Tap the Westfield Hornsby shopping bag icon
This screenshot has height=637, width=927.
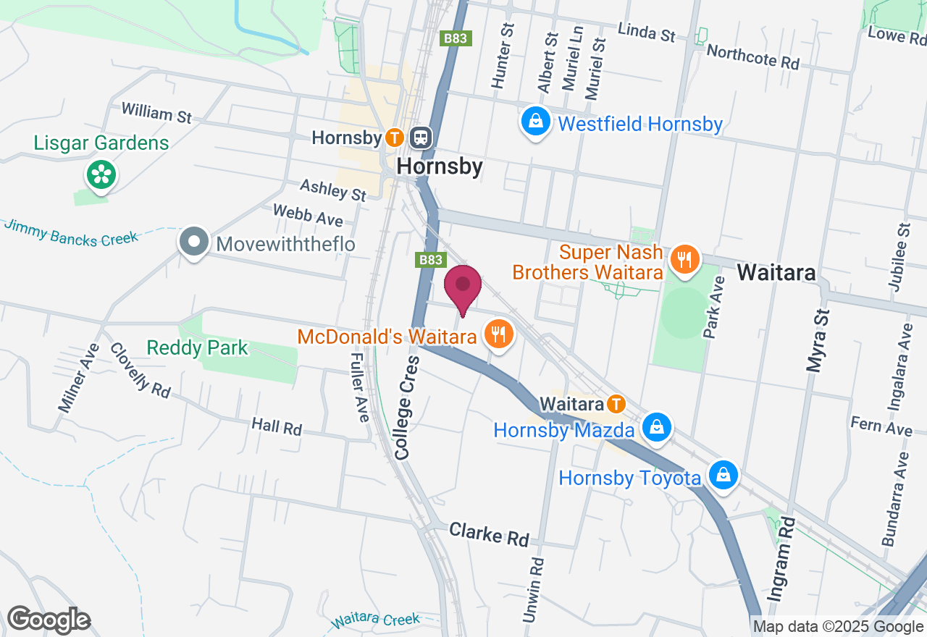535,122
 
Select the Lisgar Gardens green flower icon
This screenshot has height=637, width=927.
102,174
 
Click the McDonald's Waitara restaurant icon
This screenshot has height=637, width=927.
498,334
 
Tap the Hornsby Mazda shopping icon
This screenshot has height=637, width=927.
656,427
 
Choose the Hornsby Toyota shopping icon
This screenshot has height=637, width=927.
723,475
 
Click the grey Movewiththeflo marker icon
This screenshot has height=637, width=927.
194,243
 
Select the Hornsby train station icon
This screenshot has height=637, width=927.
420,137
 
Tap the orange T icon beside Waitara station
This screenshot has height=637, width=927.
616,403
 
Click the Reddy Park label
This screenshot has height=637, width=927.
197,348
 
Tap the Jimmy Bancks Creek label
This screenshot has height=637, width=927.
70,233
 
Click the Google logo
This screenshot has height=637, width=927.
49,620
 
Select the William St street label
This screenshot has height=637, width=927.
156,113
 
